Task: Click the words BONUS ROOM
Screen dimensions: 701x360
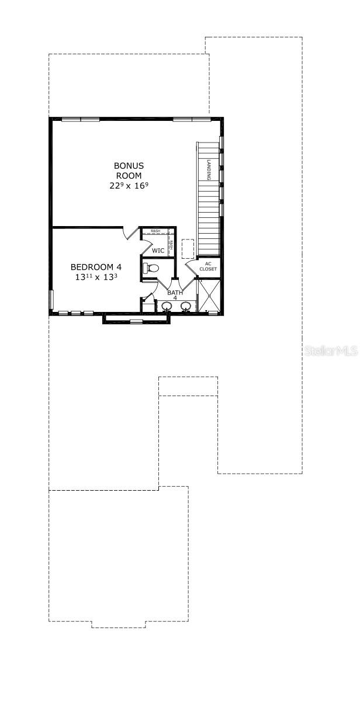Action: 129,170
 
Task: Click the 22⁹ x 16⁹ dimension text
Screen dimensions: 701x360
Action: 129,186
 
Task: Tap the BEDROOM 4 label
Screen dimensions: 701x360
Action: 96,267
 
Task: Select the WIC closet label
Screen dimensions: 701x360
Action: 158,251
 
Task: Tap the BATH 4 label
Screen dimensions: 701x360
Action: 174,294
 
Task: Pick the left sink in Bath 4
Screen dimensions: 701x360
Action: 166,306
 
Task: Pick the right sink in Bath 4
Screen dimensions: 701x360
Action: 186,306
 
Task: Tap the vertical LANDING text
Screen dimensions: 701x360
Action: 209,170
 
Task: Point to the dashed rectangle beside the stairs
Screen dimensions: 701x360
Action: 188,248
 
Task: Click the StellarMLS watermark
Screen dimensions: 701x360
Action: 330,350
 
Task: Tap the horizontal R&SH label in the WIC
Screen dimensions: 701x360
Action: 155,231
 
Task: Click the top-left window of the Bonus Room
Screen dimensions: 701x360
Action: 81,119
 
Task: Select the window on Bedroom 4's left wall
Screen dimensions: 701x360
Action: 51,299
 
